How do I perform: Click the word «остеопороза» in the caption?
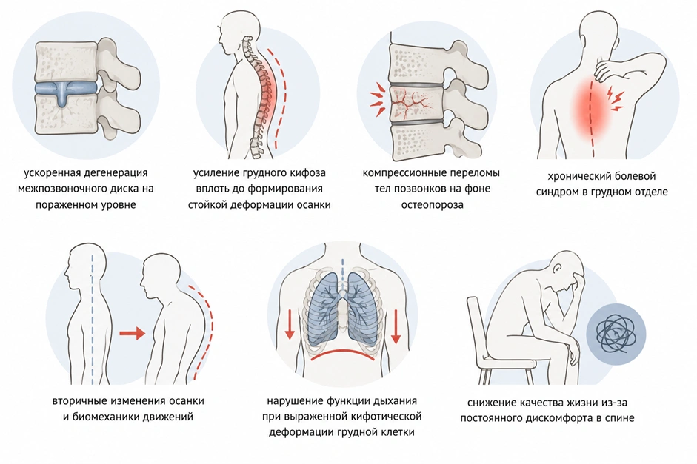coord(432,205)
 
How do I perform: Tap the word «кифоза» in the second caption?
coord(307,172)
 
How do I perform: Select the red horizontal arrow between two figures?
coord(133,332)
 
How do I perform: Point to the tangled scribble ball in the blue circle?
coord(616,334)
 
